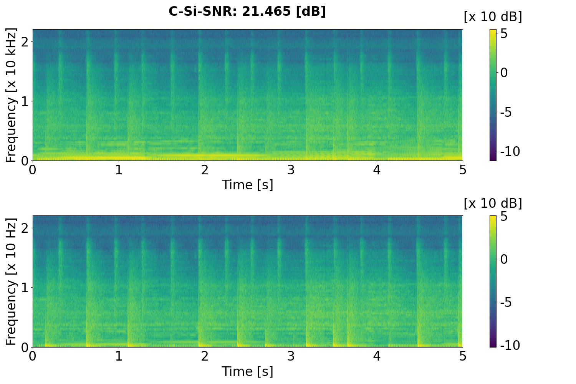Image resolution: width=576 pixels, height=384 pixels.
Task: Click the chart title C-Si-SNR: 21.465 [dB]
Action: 247,12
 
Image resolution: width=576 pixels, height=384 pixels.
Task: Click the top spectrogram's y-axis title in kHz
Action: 11,95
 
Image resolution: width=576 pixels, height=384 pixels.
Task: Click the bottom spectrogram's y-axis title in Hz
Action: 11,281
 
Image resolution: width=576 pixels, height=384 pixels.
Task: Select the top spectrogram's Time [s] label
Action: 247,185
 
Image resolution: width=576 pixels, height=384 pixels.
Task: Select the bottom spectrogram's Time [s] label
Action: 247,371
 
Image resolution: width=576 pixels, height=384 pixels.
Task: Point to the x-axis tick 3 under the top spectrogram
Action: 291,170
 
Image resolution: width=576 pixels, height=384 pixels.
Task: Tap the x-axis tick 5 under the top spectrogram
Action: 463,170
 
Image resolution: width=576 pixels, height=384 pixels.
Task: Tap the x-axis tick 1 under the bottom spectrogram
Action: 119,356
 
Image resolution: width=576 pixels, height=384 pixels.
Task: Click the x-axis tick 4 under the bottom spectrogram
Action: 377,356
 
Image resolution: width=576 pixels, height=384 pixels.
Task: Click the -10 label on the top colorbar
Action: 510,152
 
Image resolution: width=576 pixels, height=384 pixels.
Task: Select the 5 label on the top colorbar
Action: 504,34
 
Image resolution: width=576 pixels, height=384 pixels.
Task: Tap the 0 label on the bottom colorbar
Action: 504,259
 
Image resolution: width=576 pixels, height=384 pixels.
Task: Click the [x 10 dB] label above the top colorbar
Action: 493,17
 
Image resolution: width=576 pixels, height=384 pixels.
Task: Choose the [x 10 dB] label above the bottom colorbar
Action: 493,203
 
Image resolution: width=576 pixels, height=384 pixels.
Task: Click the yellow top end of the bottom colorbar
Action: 493,217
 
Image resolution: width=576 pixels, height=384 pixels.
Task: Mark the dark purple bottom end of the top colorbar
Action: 493,159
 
